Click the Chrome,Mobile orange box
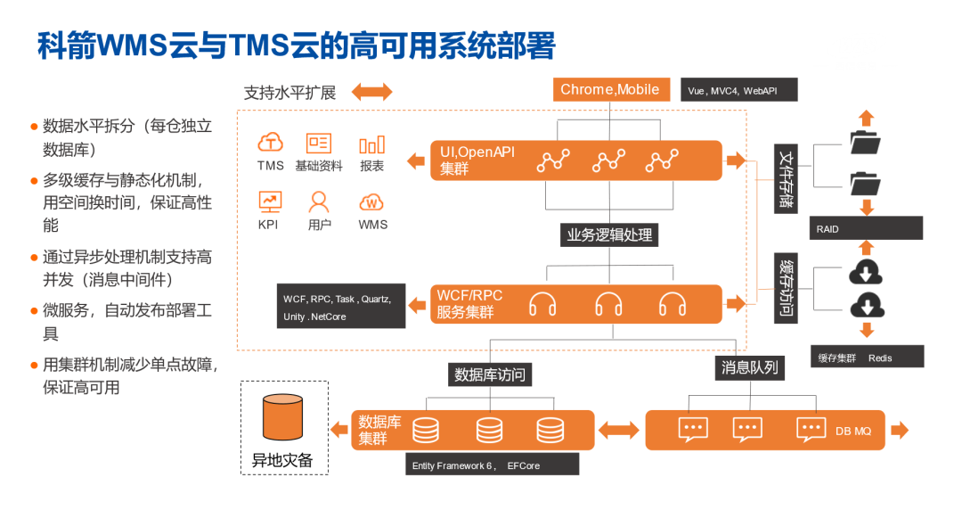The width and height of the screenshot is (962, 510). tap(610, 89)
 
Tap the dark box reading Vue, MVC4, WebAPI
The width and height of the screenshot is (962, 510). tap(739, 91)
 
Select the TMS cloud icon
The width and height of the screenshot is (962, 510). tap(271, 143)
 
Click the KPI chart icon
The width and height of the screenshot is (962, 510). tap(269, 202)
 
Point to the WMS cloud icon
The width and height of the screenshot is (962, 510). tap(371, 202)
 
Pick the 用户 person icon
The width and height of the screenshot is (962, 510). tap(319, 202)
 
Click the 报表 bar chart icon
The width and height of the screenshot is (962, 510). tap(372, 144)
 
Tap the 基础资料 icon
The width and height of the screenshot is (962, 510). tap(318, 143)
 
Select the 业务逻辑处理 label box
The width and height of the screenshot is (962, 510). tap(610, 235)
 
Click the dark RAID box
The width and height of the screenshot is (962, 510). tap(866, 228)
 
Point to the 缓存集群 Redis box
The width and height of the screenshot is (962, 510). tap(866, 357)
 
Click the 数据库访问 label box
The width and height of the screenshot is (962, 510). tap(490, 374)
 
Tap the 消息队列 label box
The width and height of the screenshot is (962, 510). tap(749, 367)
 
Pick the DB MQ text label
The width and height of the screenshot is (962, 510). tap(853, 431)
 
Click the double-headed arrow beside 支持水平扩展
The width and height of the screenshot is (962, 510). tap(371, 92)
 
